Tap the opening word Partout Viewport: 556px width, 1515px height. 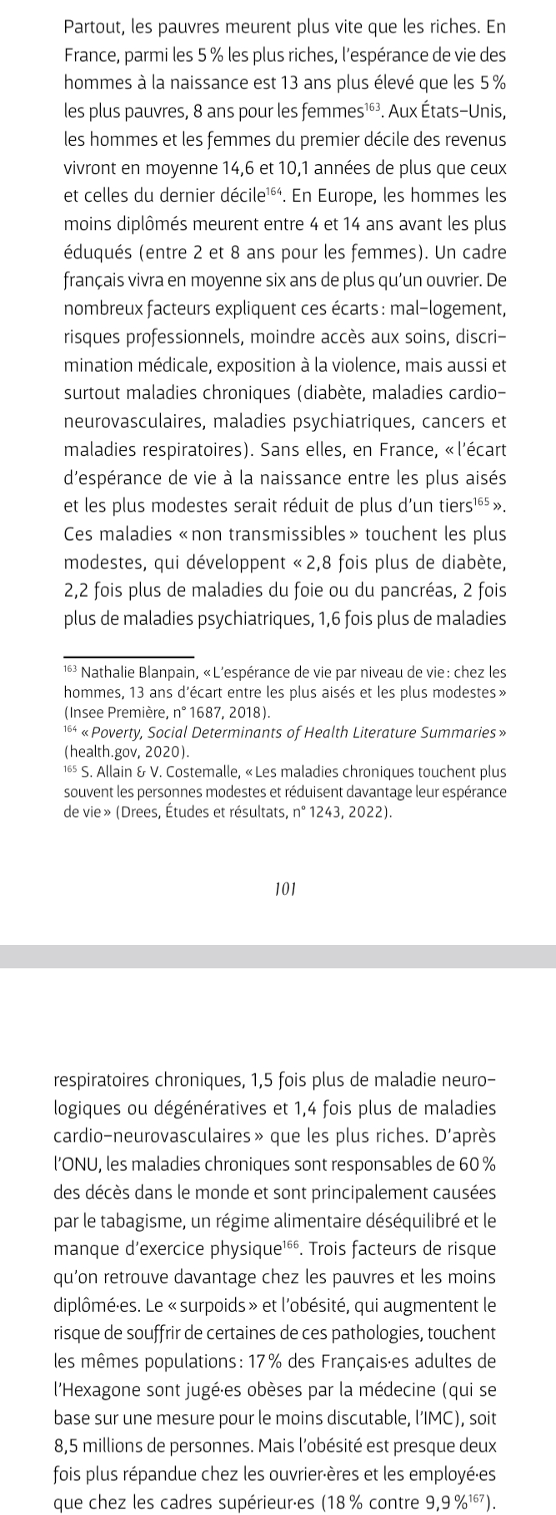(x=93, y=27)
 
